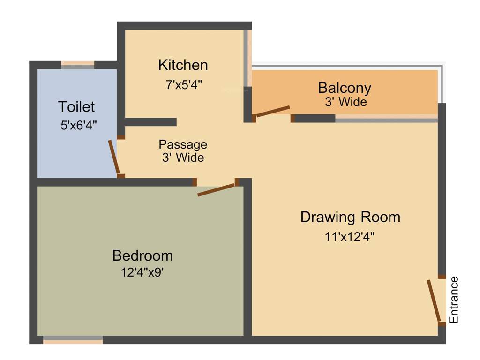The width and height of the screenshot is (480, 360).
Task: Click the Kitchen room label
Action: pyautogui.click(x=183, y=65)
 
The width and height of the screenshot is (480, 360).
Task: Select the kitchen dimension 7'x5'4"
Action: pyautogui.click(x=184, y=85)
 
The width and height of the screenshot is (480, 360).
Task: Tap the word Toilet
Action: pyautogui.click(x=76, y=107)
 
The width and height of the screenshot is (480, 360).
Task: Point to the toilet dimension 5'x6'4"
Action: pyautogui.click(x=77, y=126)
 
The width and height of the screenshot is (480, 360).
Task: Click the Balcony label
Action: pyautogui.click(x=345, y=88)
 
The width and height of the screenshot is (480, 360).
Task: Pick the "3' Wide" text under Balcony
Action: pyautogui.click(x=346, y=102)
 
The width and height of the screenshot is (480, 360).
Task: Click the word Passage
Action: pyautogui.click(x=183, y=144)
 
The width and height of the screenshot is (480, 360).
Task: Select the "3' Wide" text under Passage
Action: pyautogui.click(x=183, y=157)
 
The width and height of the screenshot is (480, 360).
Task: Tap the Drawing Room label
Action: pyautogui.click(x=350, y=217)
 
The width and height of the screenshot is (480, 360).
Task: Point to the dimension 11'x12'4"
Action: pyautogui.click(x=350, y=237)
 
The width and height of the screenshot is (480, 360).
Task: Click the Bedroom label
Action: pyautogui.click(x=142, y=256)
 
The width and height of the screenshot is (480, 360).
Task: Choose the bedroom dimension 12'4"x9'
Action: pyautogui.click(x=142, y=272)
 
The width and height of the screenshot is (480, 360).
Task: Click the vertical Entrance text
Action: pyautogui.click(x=453, y=300)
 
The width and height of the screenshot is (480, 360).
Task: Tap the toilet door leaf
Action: pyautogui.click(x=114, y=157)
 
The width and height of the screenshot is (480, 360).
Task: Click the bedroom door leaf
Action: pyautogui.click(x=216, y=190)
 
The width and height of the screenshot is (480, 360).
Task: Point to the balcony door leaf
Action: pyautogui.click(x=273, y=111)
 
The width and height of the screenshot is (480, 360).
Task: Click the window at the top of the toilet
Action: pyautogui.click(x=77, y=65)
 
